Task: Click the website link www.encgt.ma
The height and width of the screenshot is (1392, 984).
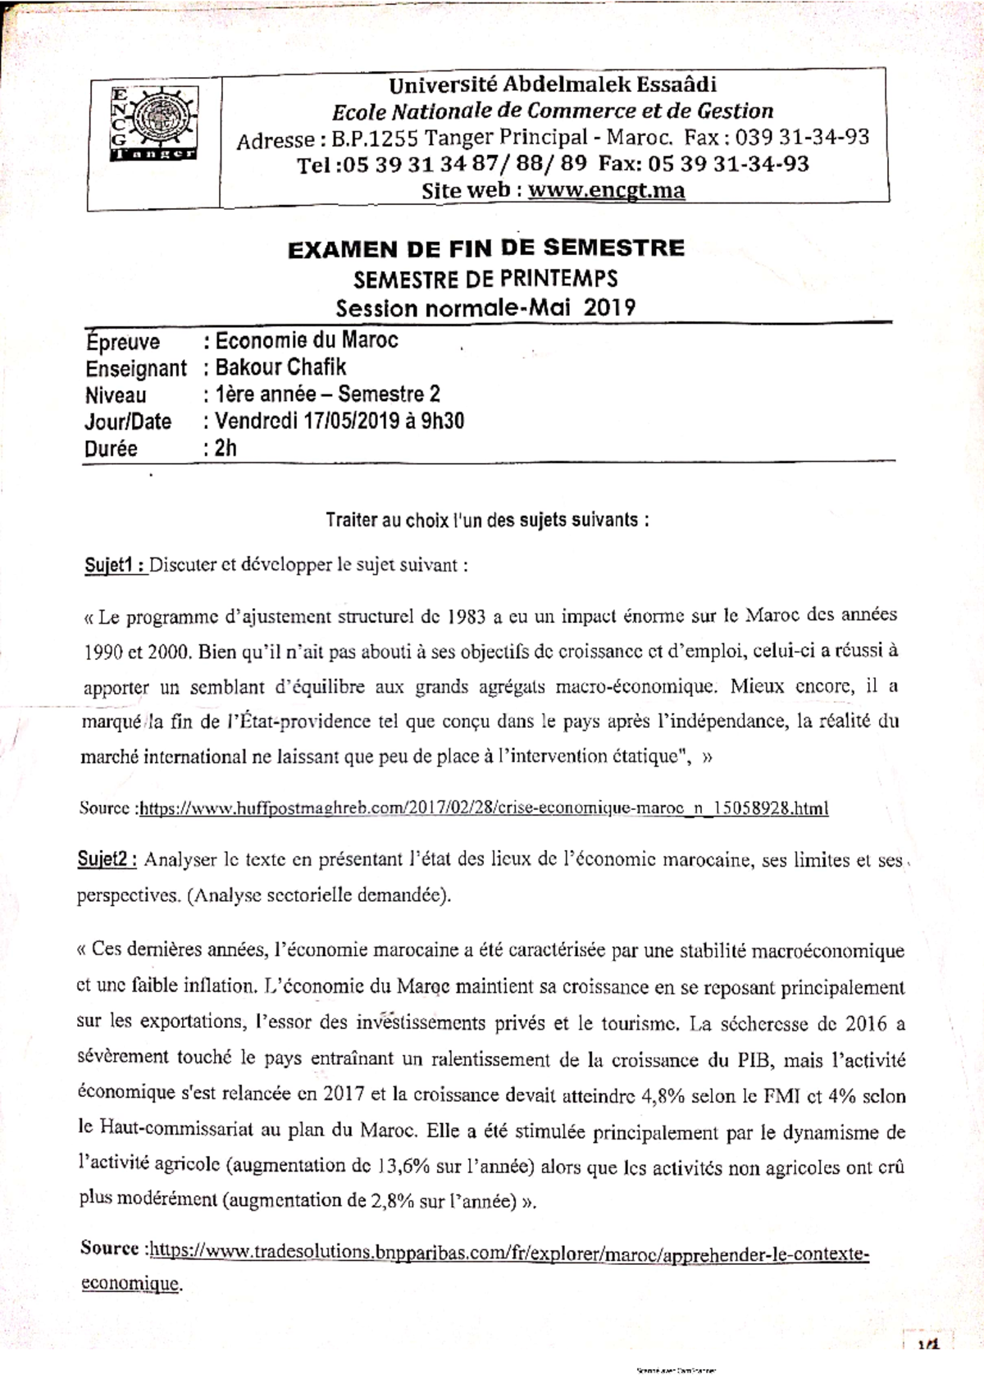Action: [607, 191]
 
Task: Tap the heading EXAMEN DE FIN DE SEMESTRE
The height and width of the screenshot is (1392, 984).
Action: [485, 248]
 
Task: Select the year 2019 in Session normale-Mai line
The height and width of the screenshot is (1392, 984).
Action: [608, 307]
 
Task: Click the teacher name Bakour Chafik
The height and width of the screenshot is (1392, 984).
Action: [280, 366]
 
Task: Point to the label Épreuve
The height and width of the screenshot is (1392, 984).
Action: [123, 341]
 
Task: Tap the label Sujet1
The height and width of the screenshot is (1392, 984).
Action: [115, 565]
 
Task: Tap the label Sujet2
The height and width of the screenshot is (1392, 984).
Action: [109, 860]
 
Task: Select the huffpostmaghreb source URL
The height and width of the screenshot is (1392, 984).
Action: [484, 808]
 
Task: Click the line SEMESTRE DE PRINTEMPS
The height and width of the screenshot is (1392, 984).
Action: [485, 279]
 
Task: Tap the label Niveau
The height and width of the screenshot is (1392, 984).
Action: [116, 395]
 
